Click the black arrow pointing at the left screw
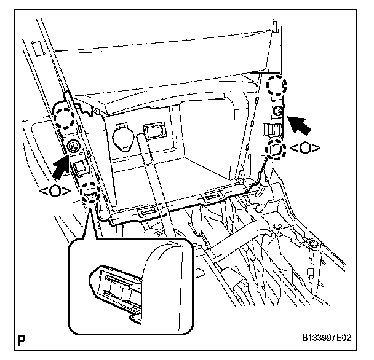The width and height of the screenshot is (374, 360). coord(63,164)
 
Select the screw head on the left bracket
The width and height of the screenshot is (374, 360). coord(74,146)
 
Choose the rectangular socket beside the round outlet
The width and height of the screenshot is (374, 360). coord(154,130)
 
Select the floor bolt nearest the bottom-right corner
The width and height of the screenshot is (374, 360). coord(312,246)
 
